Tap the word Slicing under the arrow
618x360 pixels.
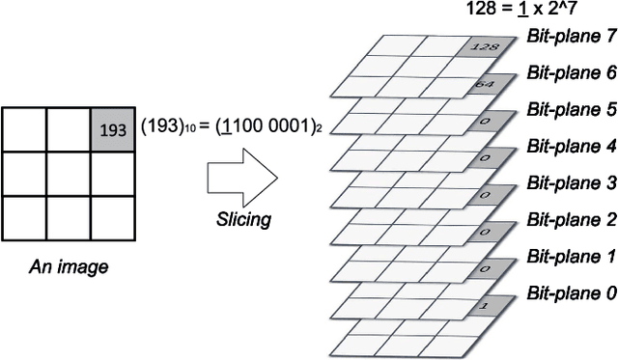[242, 220]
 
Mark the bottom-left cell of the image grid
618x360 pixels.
[23, 217]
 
